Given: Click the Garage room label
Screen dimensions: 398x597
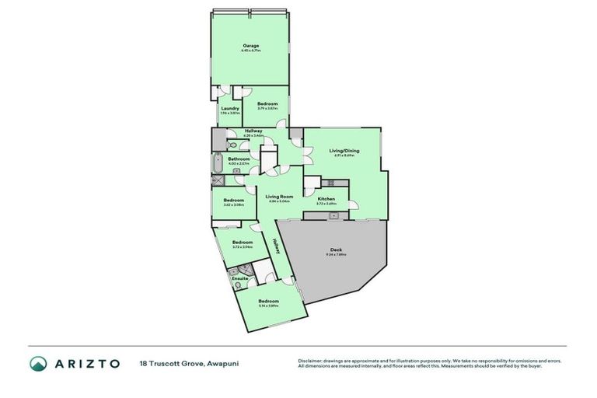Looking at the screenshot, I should pyautogui.click(x=250, y=46).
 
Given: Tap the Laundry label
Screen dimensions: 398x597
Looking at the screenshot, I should pyautogui.click(x=230, y=108).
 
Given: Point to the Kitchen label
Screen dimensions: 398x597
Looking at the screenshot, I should pyautogui.click(x=326, y=199).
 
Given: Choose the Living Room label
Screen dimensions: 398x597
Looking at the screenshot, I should pyautogui.click(x=278, y=197).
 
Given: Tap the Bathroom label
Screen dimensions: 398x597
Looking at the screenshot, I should pyautogui.click(x=239, y=159).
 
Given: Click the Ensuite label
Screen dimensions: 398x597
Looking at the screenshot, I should pyautogui.click(x=240, y=278).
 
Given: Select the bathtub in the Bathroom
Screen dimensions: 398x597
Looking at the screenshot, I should pyautogui.click(x=218, y=164).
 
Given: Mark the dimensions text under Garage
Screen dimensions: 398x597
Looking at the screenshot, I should pyautogui.click(x=250, y=51).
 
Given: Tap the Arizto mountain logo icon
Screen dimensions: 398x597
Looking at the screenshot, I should pyautogui.click(x=38, y=363).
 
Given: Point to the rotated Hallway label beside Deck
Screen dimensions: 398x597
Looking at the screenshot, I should pyautogui.click(x=275, y=244).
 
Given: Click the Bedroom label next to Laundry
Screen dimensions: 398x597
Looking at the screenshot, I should pyautogui.click(x=268, y=103).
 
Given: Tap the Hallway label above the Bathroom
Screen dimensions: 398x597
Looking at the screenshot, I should pyautogui.click(x=253, y=131).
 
